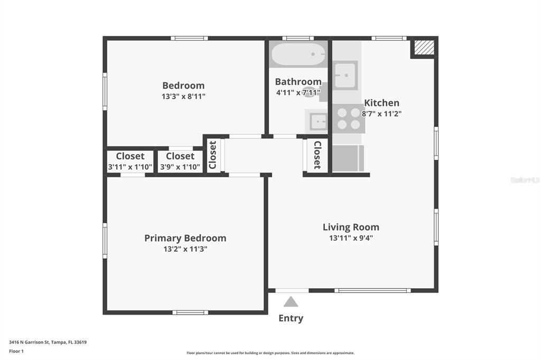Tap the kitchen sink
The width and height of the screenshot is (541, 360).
pyautogui.click(x=345, y=75)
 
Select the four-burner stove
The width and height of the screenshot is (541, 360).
pyautogui.click(x=348, y=118)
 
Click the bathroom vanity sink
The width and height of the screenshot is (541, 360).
pyautogui.click(x=318, y=122)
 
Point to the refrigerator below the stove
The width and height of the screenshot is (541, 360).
pyautogui.click(x=348, y=158)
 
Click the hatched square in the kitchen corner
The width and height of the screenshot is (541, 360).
pyautogui.click(x=424, y=48)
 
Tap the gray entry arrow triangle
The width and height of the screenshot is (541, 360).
pyautogui.click(x=291, y=302)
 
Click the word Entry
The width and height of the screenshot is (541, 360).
pyautogui.click(x=291, y=318)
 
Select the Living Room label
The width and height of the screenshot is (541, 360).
pyautogui.click(x=351, y=228)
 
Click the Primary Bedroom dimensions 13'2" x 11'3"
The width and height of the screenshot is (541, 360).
pyautogui.click(x=185, y=249)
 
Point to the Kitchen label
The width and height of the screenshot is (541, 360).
pyautogui.click(x=381, y=103)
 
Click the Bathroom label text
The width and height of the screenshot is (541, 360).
pyautogui.click(x=298, y=82)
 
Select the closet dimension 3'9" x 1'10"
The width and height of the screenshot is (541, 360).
pyautogui.click(x=180, y=167)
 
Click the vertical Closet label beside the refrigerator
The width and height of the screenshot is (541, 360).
pyautogui.click(x=318, y=155)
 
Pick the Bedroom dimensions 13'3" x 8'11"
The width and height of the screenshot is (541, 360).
pyautogui.click(x=183, y=97)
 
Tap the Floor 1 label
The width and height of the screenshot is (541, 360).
pyautogui.click(x=18, y=350)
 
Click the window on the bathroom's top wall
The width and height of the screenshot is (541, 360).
pyautogui.click(x=298, y=38)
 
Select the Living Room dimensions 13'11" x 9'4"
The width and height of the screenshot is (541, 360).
pyautogui.click(x=351, y=238)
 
